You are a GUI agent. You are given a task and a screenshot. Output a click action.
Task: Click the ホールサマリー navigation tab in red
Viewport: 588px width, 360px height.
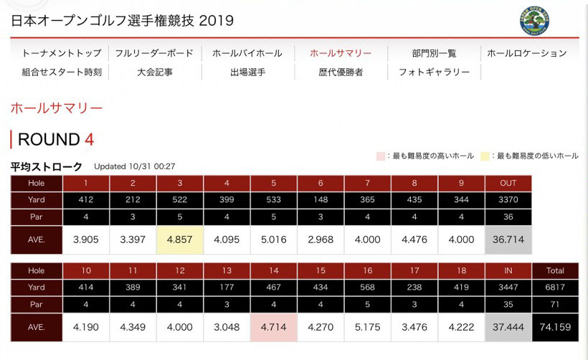click(340, 53)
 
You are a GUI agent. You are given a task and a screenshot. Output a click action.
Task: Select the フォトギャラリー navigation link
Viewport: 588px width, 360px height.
click(434, 72)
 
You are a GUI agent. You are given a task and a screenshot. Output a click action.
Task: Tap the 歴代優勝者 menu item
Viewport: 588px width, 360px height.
click(341, 72)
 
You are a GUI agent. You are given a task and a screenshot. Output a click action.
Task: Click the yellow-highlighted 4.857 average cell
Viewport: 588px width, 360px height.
click(179, 240)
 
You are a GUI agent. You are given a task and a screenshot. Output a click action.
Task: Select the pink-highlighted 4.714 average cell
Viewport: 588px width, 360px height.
click(273, 326)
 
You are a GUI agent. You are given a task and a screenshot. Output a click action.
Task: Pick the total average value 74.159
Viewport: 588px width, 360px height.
click(555, 326)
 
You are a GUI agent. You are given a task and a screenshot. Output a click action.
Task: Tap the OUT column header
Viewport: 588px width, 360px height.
click(508, 183)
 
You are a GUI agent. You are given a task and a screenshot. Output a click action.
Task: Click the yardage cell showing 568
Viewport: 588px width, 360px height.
click(367, 288)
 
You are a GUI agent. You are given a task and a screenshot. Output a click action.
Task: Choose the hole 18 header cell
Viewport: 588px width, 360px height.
click(461, 270)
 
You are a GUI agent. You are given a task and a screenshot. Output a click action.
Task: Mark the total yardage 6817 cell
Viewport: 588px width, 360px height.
click(555, 288)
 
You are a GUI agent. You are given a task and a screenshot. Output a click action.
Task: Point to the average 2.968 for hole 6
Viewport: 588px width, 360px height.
click(320, 240)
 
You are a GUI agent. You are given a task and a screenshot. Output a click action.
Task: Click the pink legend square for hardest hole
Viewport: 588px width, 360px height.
click(380, 156)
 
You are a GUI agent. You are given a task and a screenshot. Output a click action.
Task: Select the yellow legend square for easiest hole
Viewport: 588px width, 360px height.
click(485, 156)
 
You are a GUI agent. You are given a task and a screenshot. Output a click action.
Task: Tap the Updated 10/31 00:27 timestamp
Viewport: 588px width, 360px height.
click(135, 166)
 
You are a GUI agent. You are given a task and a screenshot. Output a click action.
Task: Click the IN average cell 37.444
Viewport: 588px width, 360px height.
click(508, 326)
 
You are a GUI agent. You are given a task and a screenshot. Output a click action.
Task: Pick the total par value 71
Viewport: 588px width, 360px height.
click(555, 305)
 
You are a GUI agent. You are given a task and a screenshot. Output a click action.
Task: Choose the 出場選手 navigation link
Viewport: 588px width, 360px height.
click(247, 72)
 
